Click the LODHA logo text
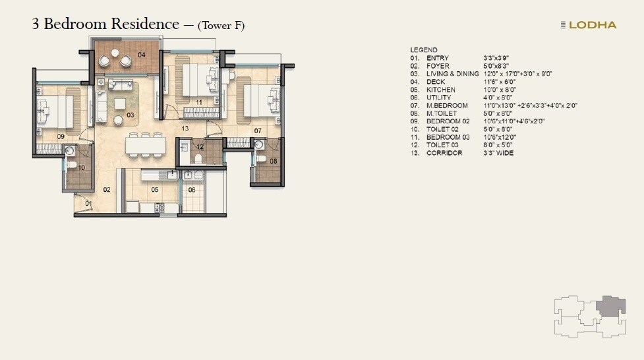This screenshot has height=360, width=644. coord(592,25)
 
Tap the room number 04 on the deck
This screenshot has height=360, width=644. coord(142,55)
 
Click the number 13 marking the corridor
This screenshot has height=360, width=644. coord(186,129)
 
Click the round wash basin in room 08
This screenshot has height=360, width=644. coord(259,144)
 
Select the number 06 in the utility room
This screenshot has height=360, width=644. coord(192,190)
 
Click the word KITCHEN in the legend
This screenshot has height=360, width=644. coord(440,90)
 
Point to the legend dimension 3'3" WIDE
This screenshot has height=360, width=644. coord(498,153)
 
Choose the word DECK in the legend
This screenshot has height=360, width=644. coord(436,82)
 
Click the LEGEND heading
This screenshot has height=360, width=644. coord(423,50)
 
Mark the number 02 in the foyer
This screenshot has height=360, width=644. coord(107,190)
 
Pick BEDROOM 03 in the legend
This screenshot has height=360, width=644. coord(448,137)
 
